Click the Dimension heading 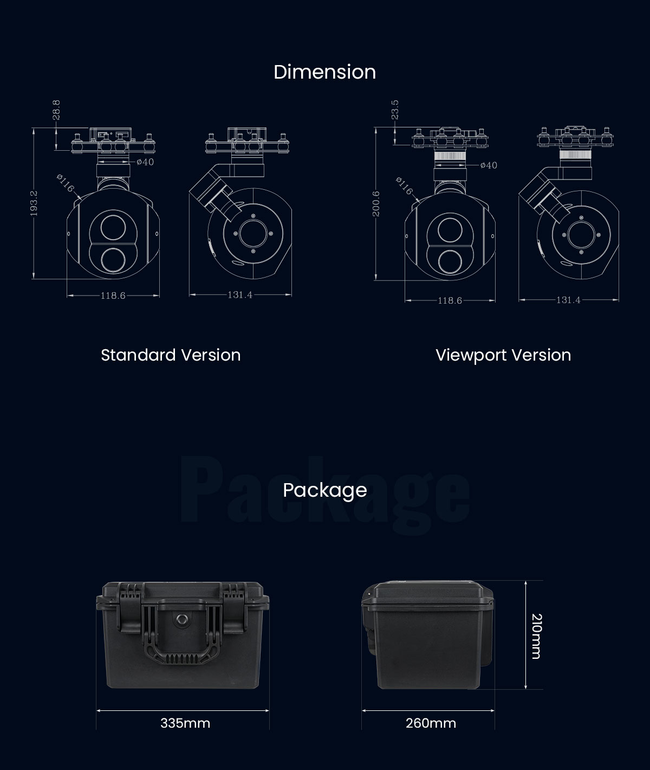click(324, 72)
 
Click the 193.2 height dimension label click(34, 203)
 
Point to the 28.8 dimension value click(56, 110)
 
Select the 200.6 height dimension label click(375, 203)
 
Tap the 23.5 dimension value click(395, 110)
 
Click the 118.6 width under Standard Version click(113, 296)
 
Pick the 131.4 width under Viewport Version click(568, 300)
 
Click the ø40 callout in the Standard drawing click(145, 162)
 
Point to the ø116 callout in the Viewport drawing click(404, 186)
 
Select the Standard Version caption click(171, 355)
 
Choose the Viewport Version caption click(503, 355)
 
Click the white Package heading click(324, 490)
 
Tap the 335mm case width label click(185, 723)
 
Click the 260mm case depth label click(431, 723)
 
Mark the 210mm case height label click(536, 636)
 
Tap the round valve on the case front click(181, 619)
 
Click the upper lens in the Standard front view click(113, 227)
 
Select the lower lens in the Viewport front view click(450, 261)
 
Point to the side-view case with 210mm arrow click(427, 635)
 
